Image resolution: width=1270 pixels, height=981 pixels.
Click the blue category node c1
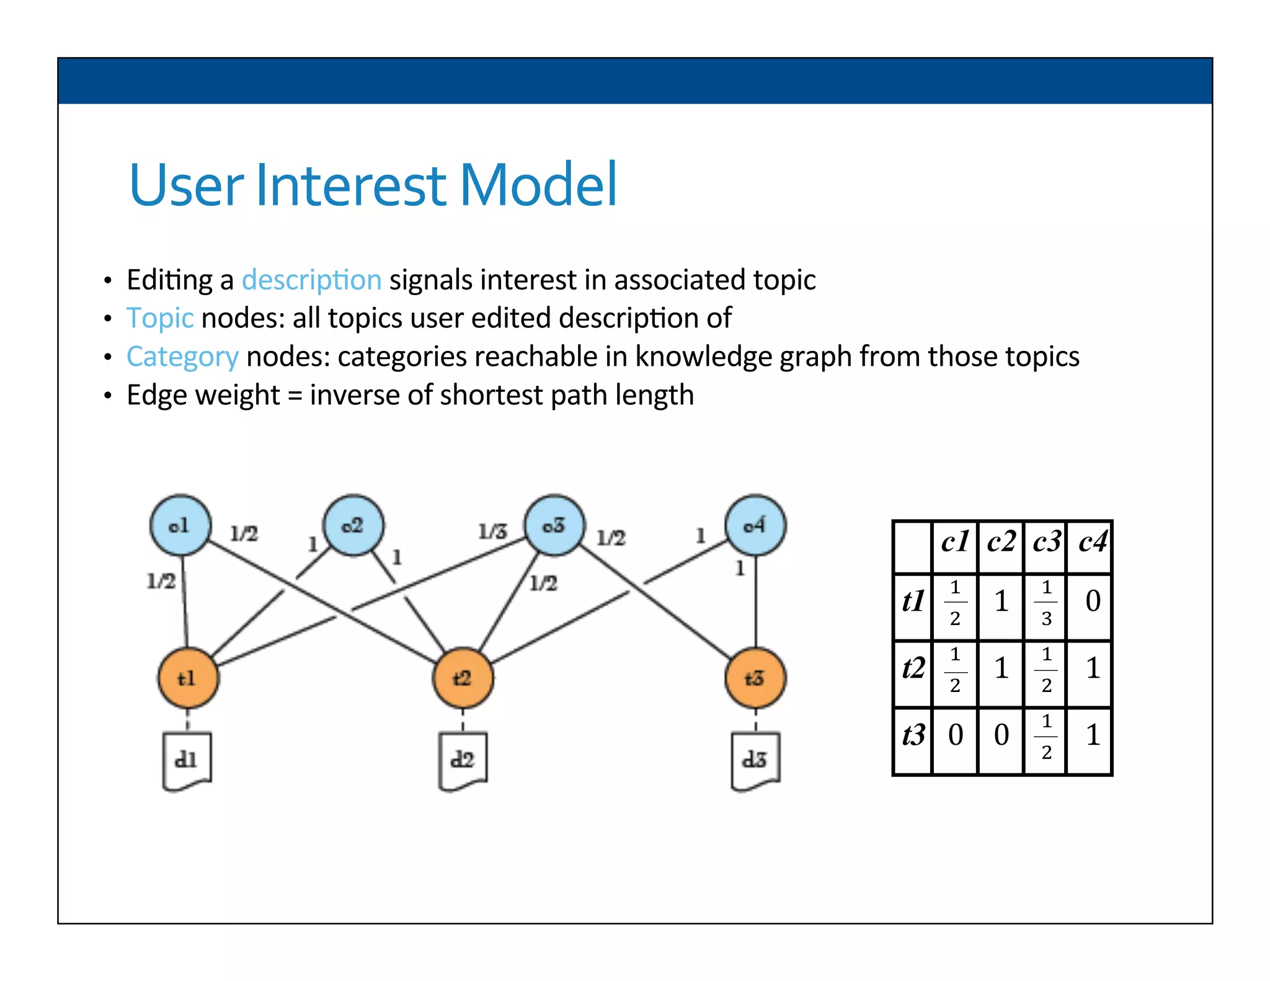180,525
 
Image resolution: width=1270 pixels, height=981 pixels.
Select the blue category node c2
353,525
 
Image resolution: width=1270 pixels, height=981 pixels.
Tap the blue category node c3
554,525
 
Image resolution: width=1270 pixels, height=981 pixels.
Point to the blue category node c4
755,525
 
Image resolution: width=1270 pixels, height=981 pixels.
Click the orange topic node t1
188,678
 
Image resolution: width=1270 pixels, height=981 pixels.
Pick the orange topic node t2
463,678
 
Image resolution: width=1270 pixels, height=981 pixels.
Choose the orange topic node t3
755,678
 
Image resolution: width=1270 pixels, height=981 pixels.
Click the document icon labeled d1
187,761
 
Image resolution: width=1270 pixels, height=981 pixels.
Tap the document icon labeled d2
463,761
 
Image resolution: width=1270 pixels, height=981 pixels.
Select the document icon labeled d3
755,761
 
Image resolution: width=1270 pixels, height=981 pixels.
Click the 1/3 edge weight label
492,531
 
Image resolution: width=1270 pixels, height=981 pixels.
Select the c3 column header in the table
1046,543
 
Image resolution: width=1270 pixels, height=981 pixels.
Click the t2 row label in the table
913,668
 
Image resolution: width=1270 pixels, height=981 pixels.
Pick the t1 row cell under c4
1093,601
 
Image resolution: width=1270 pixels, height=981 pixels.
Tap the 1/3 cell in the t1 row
1046,602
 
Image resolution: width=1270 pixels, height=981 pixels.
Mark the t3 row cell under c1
955,735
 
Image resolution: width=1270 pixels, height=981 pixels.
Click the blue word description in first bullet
311,280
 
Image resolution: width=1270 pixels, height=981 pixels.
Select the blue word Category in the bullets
182,357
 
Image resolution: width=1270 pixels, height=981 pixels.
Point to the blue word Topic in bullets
160,318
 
